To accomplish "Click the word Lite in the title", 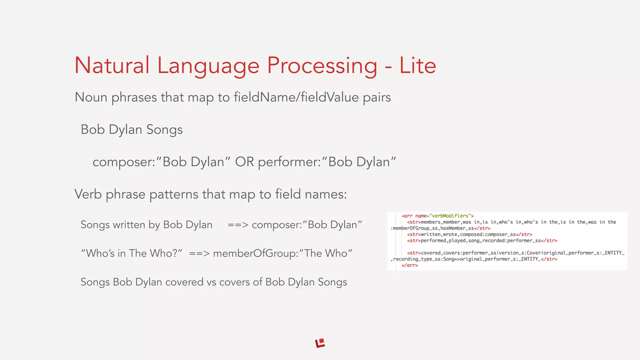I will (417, 66).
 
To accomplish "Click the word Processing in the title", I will (322, 66).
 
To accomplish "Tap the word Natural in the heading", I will (112, 66).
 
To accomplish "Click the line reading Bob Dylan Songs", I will (132, 130).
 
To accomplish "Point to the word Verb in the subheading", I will (88, 194).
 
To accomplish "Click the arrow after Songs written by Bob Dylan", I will (238, 225).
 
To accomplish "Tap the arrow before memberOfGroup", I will (199, 253).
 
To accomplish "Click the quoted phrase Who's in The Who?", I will (132, 253).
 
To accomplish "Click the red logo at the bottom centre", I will (320, 343).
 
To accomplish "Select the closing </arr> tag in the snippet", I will (410, 265).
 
